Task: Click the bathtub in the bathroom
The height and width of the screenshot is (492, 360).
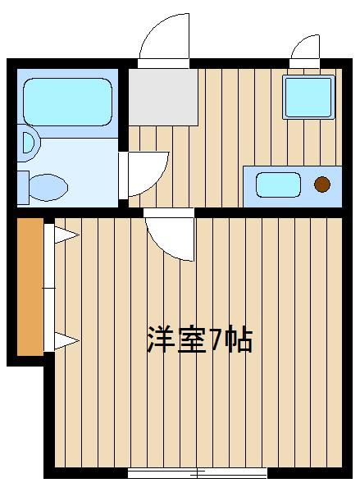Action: [67, 102]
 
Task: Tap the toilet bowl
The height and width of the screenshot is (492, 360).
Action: [48, 187]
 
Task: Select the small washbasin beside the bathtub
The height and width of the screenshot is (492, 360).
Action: [29, 143]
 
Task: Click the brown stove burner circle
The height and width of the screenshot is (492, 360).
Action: [322, 184]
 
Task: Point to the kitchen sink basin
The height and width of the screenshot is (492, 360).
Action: [278, 184]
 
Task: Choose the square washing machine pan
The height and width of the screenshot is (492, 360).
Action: [308, 97]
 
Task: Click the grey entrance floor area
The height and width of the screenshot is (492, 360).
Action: [163, 97]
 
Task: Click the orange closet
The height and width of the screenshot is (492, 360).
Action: [30, 287]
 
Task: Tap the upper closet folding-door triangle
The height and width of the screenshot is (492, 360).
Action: [66, 235]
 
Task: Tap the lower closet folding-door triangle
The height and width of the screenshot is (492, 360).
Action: [66, 340]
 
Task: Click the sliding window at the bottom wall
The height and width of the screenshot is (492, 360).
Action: [198, 472]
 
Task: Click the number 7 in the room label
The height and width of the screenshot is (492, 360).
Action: [216, 340]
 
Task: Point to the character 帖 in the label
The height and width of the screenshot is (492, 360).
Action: [239, 340]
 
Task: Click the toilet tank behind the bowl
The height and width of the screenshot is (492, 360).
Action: [23, 188]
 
